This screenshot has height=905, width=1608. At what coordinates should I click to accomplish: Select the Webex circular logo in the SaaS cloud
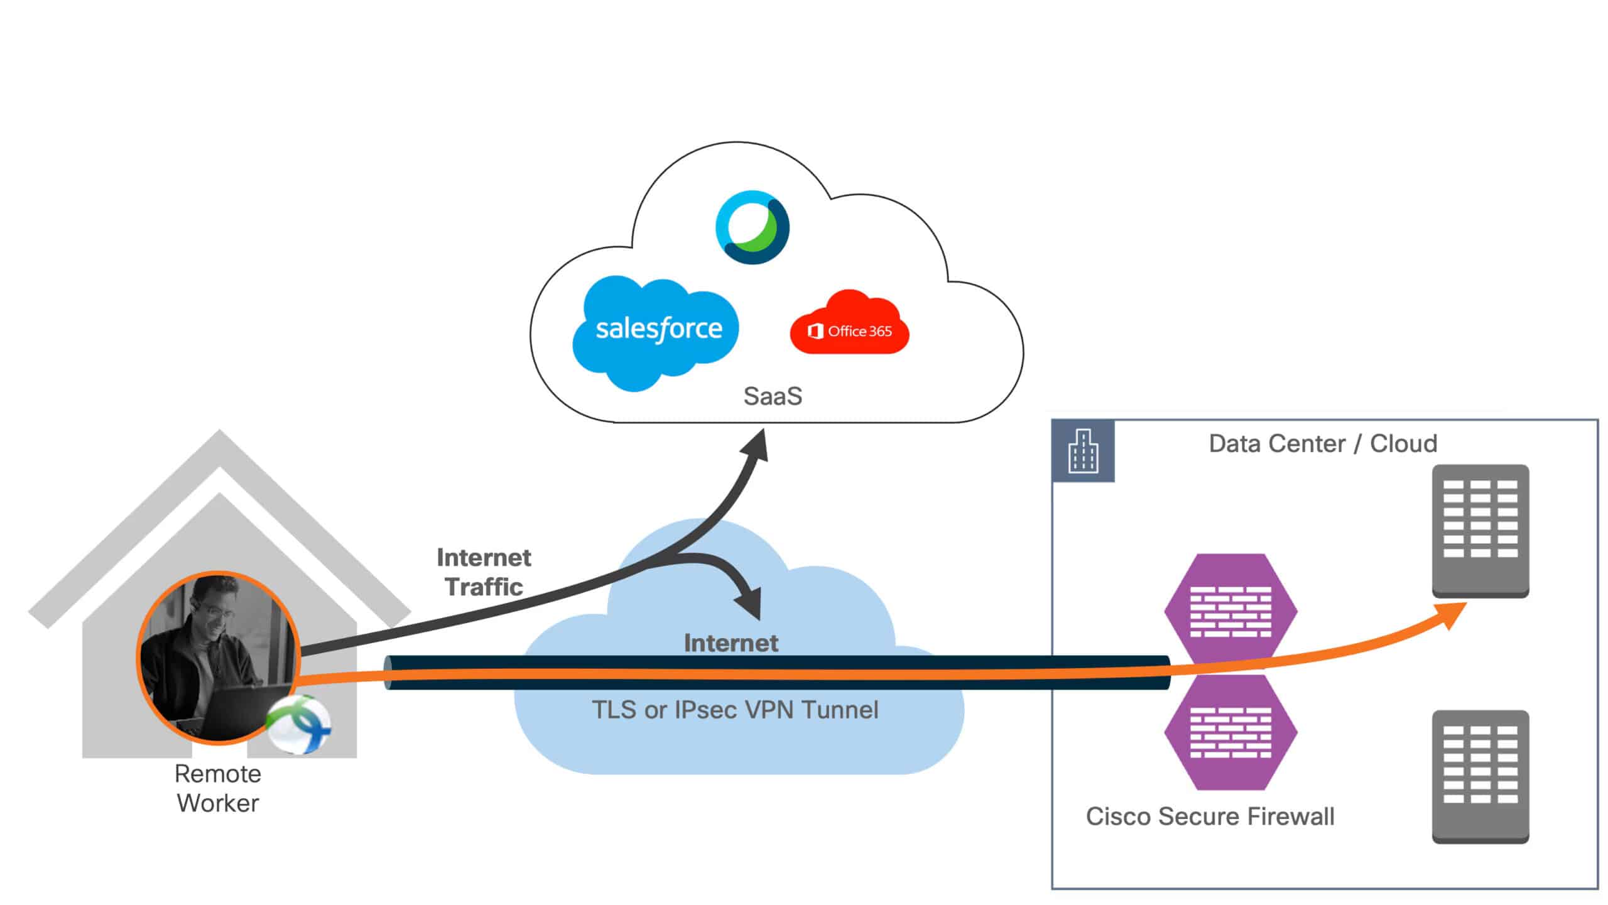pos(752,227)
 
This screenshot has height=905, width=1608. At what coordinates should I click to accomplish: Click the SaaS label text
pos(773,396)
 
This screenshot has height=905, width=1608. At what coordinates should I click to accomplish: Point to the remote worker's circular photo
pos(217,656)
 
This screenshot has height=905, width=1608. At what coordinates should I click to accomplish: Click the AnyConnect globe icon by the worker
pos(299,724)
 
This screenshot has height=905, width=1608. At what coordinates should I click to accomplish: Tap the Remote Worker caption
pos(217,788)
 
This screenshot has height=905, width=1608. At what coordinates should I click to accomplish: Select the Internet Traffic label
pos(484,572)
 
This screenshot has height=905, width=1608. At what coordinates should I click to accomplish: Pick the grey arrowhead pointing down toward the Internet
pos(750,603)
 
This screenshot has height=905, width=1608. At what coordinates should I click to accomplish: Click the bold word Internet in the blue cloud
pos(731,642)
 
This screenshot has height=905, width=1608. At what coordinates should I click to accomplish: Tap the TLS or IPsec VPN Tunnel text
pos(735,710)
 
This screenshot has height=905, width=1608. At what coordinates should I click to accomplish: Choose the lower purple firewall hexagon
pos(1230,732)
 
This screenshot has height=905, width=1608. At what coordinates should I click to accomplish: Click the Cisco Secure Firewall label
pos(1210,816)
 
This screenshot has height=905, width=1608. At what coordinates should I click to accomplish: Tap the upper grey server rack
pos(1480,531)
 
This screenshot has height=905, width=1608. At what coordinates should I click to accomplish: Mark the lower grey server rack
pos(1480,776)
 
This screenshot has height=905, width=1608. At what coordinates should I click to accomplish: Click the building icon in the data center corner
pos(1084,451)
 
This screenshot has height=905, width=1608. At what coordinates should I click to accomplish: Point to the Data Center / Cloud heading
pos(1323,443)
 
